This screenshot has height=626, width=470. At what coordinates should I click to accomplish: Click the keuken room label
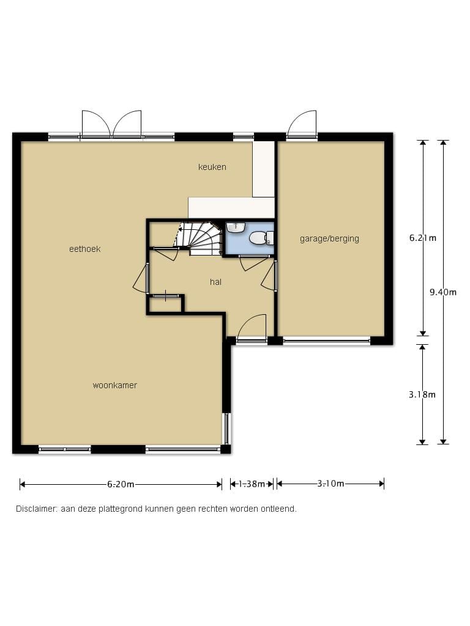click(x=212, y=167)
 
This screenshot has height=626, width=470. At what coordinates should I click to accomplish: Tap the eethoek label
click(x=84, y=249)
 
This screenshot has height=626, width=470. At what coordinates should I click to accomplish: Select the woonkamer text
click(x=114, y=385)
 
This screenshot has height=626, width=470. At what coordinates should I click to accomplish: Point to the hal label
click(x=215, y=282)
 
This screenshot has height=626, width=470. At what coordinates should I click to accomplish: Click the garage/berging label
click(x=329, y=239)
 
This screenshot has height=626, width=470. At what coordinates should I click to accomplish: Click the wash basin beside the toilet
click(x=236, y=227)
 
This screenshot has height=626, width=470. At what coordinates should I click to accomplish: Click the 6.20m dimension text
click(x=121, y=484)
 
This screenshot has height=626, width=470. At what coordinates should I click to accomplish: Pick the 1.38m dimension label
click(x=252, y=484)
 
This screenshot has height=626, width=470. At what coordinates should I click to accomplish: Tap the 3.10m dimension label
click(x=330, y=484)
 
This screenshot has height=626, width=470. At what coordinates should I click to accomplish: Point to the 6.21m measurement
click(x=423, y=238)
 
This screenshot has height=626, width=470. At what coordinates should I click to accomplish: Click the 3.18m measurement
click(x=422, y=394)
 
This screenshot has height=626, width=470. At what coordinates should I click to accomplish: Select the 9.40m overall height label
click(x=443, y=292)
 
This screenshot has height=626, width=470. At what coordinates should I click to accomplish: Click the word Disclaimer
click(x=37, y=509)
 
